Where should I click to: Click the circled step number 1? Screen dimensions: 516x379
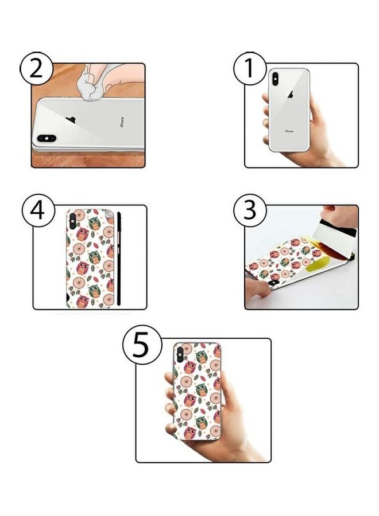250,69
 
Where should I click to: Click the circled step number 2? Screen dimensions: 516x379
37,69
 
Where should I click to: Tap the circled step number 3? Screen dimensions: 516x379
250,211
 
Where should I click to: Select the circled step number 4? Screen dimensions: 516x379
38,210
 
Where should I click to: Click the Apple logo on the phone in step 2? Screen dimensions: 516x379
72,119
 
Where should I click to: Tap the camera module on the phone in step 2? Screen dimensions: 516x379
46,138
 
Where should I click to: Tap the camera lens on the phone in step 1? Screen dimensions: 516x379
274,79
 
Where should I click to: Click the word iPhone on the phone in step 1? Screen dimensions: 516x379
289,131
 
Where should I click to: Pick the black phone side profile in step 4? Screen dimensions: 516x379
119,258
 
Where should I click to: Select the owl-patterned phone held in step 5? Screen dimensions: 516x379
198,390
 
